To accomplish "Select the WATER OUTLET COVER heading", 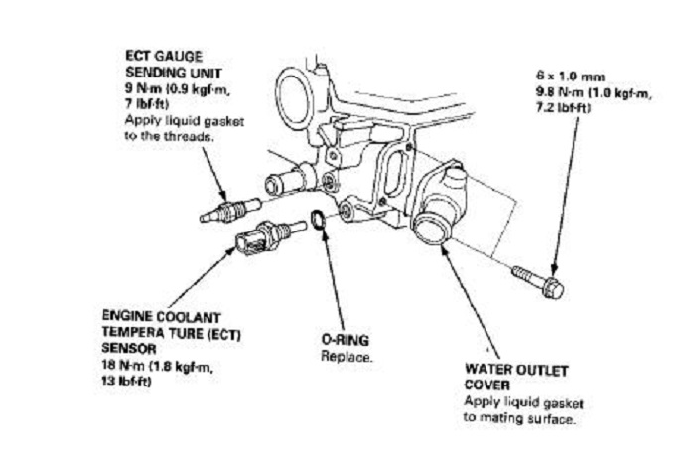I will (x=515, y=377).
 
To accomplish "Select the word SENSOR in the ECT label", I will (x=128, y=352).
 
